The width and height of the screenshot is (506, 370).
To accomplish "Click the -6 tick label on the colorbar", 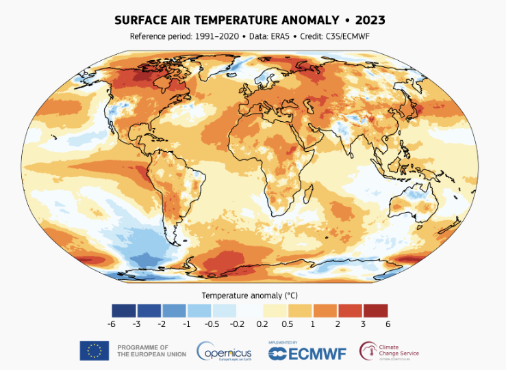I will pos(111,323).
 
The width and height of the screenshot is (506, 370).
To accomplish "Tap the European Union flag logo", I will pos(94,351).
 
